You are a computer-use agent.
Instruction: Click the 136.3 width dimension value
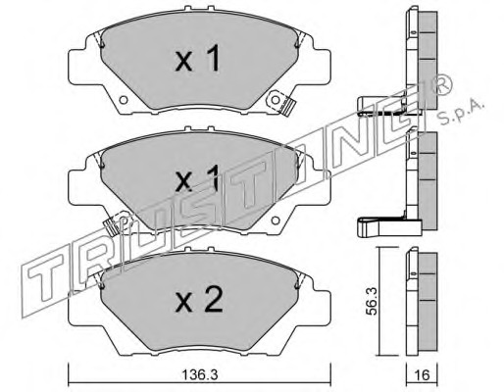pos(199,375)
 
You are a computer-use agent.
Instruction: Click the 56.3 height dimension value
pos(372,301)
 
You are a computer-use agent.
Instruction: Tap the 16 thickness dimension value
pos(422,375)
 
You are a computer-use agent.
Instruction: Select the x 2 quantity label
pos(199,300)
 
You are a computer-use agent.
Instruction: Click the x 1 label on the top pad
pos(197,59)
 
